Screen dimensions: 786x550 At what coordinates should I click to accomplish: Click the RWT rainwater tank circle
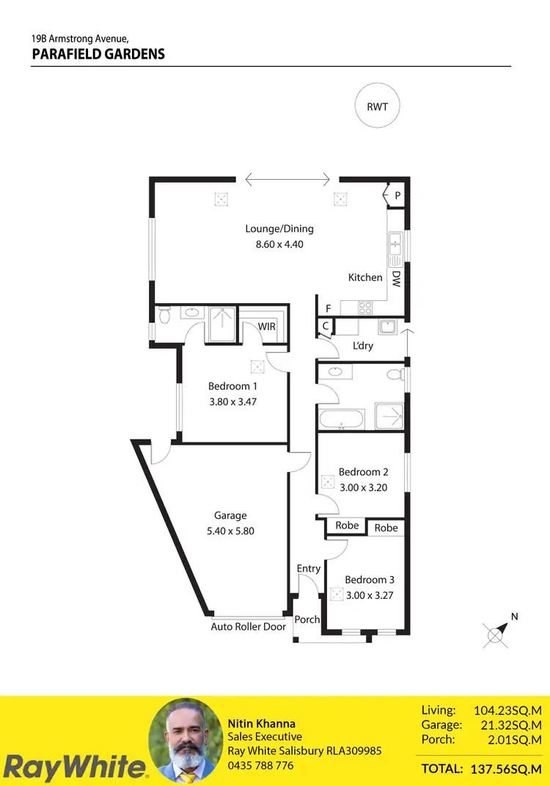coord(378,106)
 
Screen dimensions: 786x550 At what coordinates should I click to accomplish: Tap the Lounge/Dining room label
coord(279,229)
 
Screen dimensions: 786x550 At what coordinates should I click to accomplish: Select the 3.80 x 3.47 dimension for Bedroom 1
coord(232,402)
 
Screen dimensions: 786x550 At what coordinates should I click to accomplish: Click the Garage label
coord(230,516)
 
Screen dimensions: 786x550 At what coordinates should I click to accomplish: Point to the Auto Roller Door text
coord(248,627)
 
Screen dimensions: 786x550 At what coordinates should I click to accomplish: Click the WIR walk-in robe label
coord(267,326)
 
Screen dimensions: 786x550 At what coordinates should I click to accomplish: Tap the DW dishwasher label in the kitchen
coord(395,278)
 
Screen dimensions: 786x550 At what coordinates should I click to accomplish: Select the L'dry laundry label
coord(363,346)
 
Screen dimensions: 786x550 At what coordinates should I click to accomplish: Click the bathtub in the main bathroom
coord(341,420)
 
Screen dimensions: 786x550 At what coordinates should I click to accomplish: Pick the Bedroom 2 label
coord(363,472)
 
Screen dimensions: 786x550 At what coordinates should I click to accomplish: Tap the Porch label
coord(307,619)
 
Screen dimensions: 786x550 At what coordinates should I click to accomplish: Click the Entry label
coord(309,569)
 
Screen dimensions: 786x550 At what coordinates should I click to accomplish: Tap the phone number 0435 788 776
coord(260,765)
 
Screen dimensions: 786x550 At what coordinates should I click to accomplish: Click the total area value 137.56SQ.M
coord(505,768)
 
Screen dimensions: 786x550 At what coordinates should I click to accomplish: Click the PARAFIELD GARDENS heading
coord(98,54)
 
